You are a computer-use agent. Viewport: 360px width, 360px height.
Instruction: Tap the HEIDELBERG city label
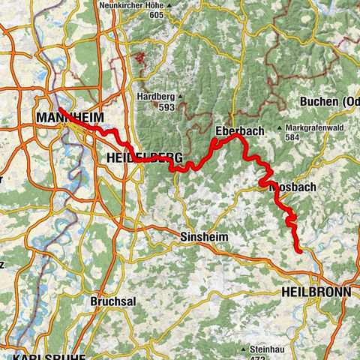tap(140, 157)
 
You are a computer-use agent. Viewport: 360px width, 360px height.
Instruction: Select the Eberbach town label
tap(238, 130)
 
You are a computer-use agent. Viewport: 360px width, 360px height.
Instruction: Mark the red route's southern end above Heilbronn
tap(300, 251)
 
